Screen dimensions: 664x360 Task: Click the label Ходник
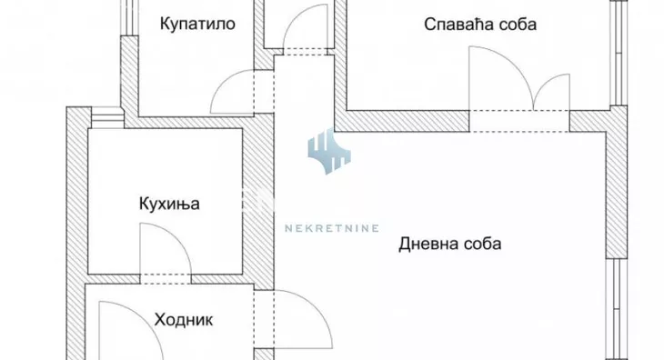tap(184, 320)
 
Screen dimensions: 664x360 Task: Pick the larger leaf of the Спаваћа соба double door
tap(498, 77)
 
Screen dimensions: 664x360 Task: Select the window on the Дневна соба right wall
tap(620, 309)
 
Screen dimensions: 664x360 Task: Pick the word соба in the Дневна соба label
tap(485, 244)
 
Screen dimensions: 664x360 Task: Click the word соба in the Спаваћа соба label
tap(517, 25)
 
